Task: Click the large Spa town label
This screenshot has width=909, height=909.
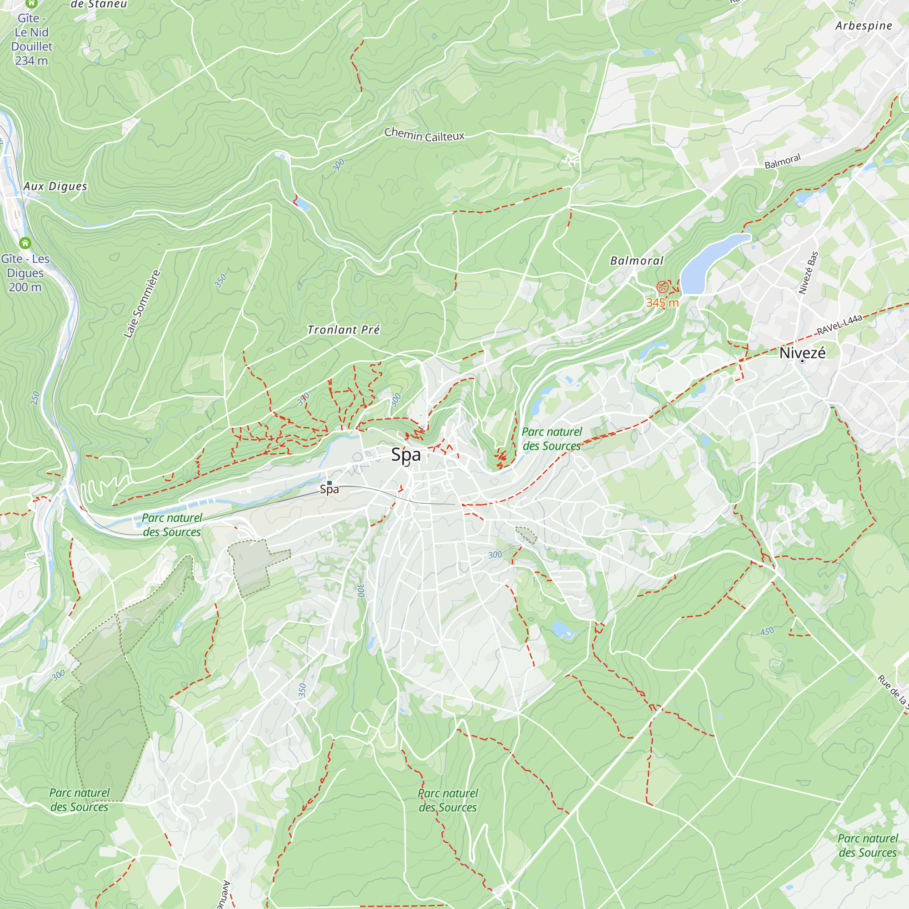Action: point(405,454)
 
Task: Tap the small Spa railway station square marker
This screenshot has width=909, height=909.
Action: point(330,483)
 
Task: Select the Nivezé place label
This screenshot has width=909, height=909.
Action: point(802,353)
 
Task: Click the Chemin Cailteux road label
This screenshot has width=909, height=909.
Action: point(424,135)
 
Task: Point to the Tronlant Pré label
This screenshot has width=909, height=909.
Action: point(343,330)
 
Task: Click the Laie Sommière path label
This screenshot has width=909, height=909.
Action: point(142,304)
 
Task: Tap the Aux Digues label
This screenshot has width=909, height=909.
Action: point(55,186)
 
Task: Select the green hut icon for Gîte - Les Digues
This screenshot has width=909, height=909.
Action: point(25,243)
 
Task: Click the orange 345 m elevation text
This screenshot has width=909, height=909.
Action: point(662,303)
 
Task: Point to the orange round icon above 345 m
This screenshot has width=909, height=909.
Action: point(662,286)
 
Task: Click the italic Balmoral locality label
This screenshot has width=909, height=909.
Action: point(637,260)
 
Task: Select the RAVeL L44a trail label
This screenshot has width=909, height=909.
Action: point(839,325)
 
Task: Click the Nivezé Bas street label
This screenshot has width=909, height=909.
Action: point(808,273)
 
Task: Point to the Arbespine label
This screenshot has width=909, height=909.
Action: point(864,26)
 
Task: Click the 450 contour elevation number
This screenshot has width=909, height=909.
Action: point(767,631)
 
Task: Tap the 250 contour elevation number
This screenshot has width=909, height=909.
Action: point(35,398)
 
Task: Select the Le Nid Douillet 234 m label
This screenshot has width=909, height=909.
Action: point(31,40)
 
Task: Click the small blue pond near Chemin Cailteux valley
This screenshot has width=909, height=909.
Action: point(302,204)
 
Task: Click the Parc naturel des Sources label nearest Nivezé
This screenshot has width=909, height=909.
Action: point(551,439)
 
